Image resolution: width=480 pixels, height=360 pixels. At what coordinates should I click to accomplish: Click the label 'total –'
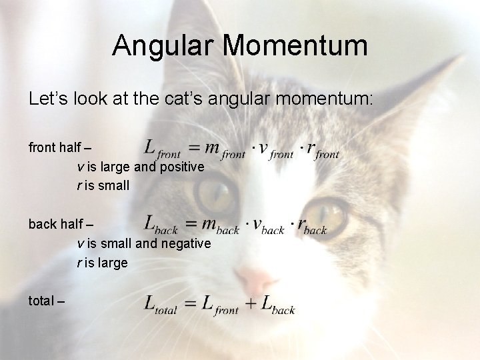pos(47,301)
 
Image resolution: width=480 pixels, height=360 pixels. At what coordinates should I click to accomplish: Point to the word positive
pos(179,167)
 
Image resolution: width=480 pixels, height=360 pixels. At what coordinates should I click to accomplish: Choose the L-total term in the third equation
pos(161,305)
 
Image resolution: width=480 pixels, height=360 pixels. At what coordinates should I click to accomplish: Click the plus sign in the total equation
pos(251,304)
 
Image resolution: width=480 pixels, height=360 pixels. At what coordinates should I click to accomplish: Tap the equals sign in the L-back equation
pos(191,224)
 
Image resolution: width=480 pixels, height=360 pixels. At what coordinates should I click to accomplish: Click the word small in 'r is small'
pos(113,186)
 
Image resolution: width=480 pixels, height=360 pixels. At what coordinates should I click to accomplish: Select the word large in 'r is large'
pos(113,263)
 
